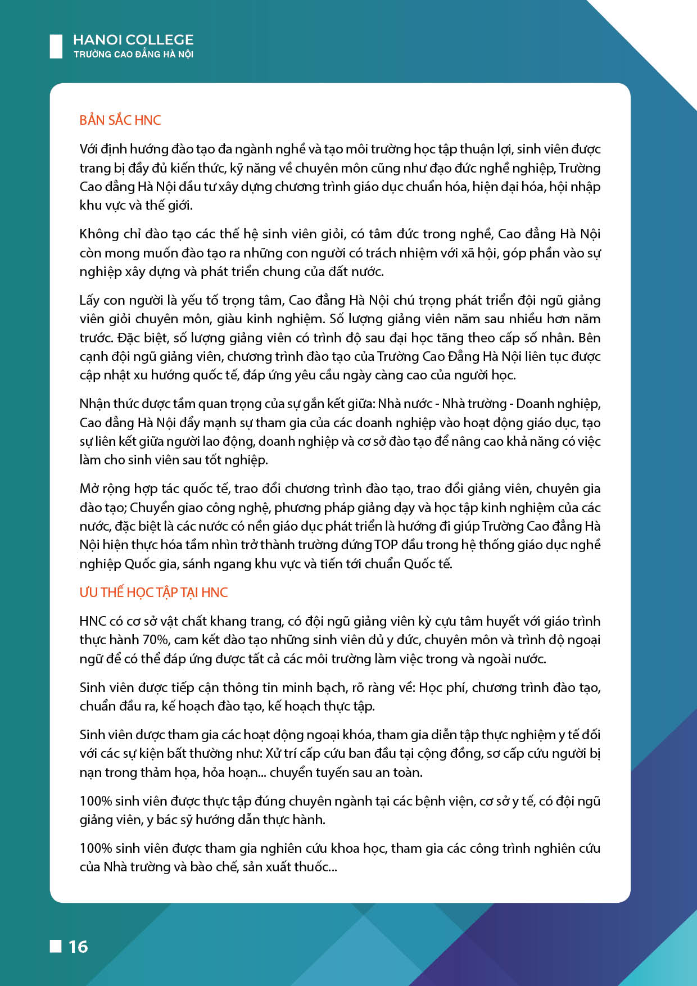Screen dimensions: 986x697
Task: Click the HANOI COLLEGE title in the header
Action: tap(133, 40)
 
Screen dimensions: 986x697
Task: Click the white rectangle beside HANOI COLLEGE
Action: tap(56, 46)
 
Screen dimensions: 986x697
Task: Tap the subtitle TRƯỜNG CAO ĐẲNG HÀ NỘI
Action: tap(133, 55)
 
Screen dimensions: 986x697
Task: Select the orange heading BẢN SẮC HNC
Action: tap(120, 120)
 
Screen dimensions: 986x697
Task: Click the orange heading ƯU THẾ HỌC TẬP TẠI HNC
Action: tap(153, 592)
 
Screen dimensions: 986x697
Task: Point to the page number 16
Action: tap(78, 947)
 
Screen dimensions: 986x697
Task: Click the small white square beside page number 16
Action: tap(56, 946)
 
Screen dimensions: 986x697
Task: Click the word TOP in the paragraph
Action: tap(386, 545)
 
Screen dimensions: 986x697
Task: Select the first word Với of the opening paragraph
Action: tap(89, 149)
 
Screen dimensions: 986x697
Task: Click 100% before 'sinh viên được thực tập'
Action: tap(95, 801)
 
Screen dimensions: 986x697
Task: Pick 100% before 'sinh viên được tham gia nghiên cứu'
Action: tap(95, 848)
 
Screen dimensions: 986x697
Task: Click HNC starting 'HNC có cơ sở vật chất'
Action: tap(93, 621)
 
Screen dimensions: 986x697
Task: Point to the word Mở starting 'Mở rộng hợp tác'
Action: tap(89, 489)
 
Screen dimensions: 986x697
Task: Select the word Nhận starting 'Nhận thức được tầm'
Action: tap(95, 404)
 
